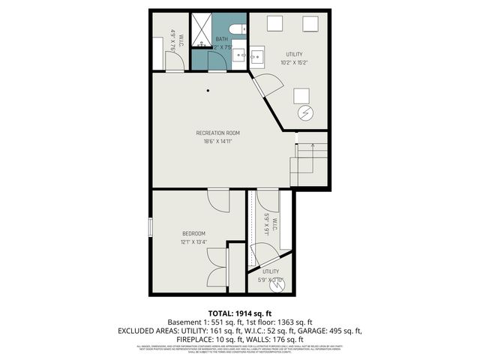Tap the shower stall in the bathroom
coord(202,30)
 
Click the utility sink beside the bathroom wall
coord(257,55)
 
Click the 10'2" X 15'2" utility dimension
coord(295,63)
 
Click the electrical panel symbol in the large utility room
coord(304,114)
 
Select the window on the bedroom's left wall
coord(151,226)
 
